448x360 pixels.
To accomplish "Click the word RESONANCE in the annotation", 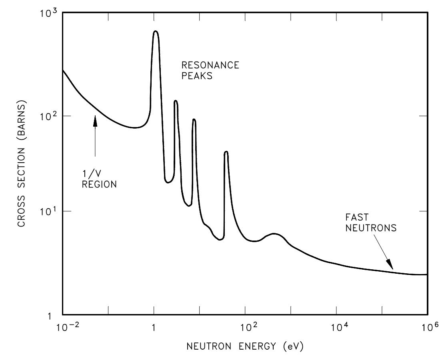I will (210, 65).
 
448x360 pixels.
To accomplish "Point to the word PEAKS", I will (196, 76).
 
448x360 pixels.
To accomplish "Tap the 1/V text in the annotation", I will (90, 174).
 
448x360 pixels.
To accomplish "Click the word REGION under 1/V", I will (99, 185).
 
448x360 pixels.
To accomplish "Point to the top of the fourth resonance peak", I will (226, 152).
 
